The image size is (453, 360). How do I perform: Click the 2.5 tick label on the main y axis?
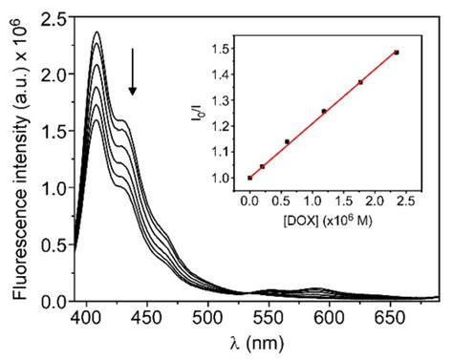(53, 17)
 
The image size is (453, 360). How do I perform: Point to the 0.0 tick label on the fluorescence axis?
(53, 301)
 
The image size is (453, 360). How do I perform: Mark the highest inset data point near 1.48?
(396, 53)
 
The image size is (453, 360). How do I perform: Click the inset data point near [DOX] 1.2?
(324, 111)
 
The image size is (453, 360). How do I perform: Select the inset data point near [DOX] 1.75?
(360, 82)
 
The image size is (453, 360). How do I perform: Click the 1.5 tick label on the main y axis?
(53, 131)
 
